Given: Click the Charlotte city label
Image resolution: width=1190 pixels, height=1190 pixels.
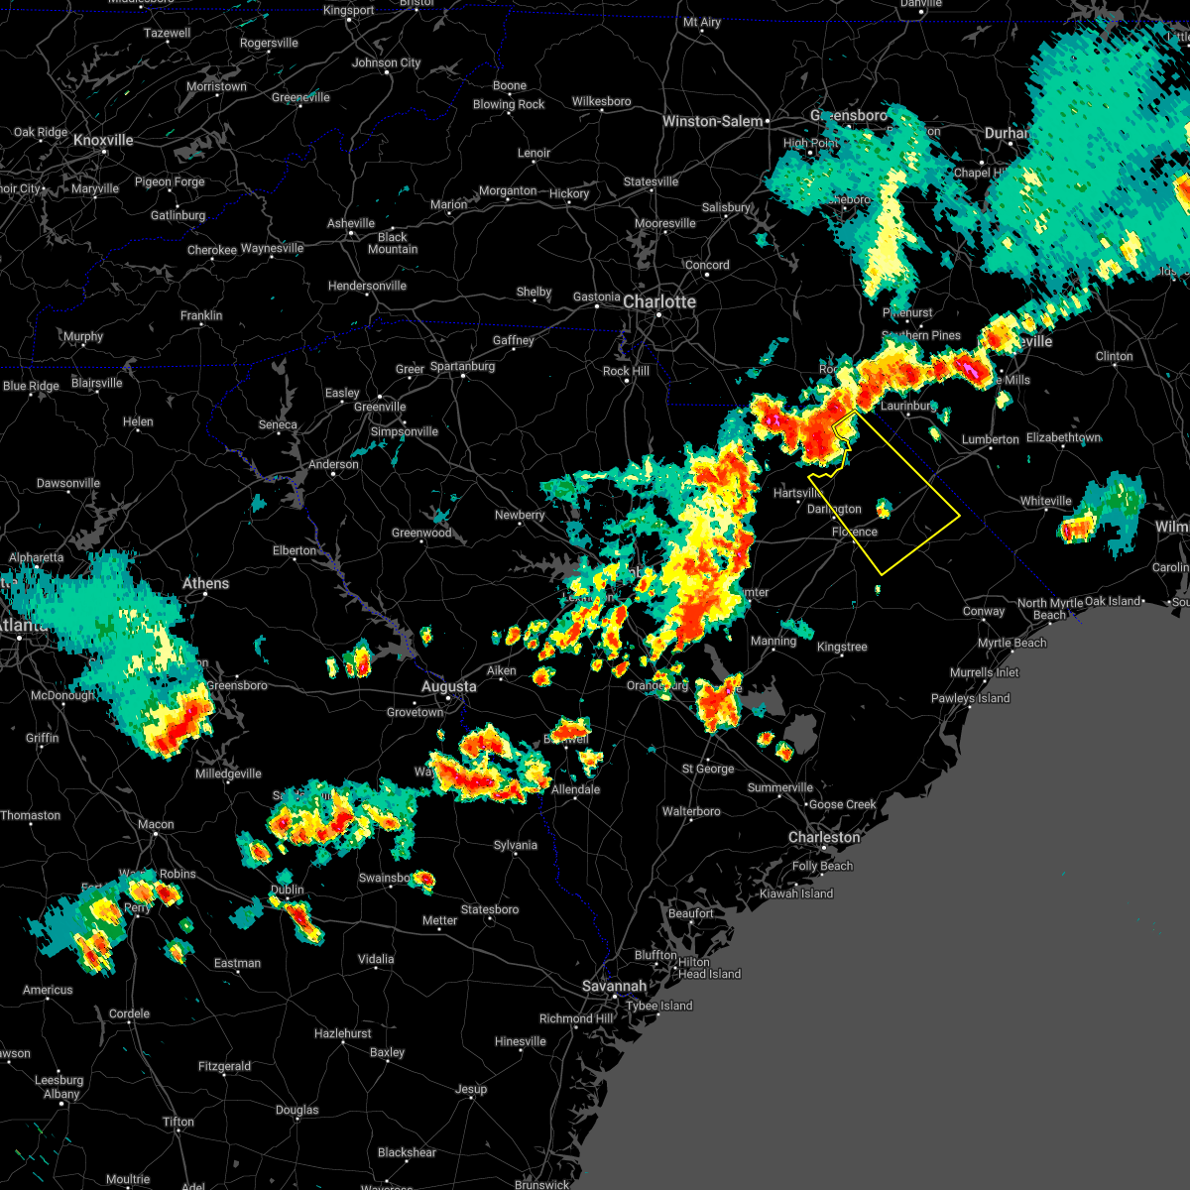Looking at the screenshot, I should [659, 301].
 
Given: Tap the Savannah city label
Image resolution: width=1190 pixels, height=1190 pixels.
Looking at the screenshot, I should [614, 986].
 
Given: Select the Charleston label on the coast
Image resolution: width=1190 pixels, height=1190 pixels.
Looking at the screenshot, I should [824, 837].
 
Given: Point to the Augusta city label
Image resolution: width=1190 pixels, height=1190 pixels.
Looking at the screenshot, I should [448, 686].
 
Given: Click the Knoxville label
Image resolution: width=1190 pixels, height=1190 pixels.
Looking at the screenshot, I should [103, 140].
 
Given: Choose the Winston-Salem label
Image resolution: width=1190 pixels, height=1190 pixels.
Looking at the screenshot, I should [713, 121].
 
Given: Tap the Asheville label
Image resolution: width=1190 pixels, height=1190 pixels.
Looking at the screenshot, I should [351, 223].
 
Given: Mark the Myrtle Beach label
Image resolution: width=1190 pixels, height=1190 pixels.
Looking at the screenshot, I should [1011, 643].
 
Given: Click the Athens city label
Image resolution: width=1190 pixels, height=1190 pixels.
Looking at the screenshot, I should [205, 583].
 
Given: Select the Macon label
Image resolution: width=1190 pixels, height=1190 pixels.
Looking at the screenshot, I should [156, 824].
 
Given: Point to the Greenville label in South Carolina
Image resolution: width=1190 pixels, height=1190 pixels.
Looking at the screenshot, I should [380, 407].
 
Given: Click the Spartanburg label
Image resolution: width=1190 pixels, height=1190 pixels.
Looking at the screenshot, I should [462, 366].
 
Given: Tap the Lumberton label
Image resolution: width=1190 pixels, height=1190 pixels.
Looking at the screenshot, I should [990, 439].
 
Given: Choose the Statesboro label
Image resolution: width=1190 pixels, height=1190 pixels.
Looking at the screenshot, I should [490, 909].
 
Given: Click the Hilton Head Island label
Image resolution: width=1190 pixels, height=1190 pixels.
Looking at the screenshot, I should [709, 968].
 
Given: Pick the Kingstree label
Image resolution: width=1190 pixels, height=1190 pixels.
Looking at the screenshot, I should [842, 647].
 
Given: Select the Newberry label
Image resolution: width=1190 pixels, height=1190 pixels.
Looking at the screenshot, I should [520, 515].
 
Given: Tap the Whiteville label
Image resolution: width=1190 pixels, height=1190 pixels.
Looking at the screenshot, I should [1046, 501].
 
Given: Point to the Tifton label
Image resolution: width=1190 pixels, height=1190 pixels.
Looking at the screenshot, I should [178, 1122].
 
